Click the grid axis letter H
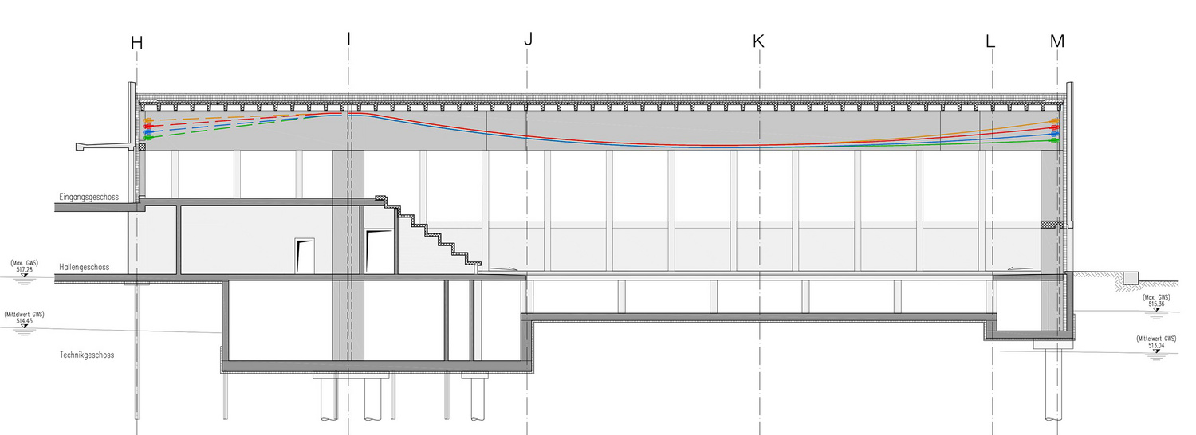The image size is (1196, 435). (x=136, y=43)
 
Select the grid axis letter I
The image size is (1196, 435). (x=348, y=39)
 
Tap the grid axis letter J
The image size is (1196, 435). (x=528, y=39)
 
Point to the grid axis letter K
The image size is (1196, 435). (x=758, y=41)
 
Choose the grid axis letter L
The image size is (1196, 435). (x=990, y=41)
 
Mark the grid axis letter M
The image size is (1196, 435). (x=1057, y=41)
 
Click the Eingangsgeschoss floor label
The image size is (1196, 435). (x=89, y=197)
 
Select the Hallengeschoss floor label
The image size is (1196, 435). (x=85, y=268)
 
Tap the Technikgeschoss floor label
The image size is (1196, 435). (x=87, y=355)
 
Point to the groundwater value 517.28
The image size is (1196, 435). (x=25, y=270)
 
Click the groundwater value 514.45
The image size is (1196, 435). (x=24, y=321)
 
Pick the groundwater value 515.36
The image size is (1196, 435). (x=1156, y=304)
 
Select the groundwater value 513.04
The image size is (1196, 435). (x=1156, y=345)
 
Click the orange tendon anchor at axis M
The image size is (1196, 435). (x=1055, y=122)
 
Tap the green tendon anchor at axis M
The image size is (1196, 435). (x=1055, y=141)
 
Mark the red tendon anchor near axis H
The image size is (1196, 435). (x=148, y=127)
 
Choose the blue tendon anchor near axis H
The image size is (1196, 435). (x=148, y=131)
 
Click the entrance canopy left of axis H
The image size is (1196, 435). (x=104, y=145)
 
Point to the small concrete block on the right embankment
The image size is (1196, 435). (x=1131, y=278)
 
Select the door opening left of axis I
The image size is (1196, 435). (x=305, y=256)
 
